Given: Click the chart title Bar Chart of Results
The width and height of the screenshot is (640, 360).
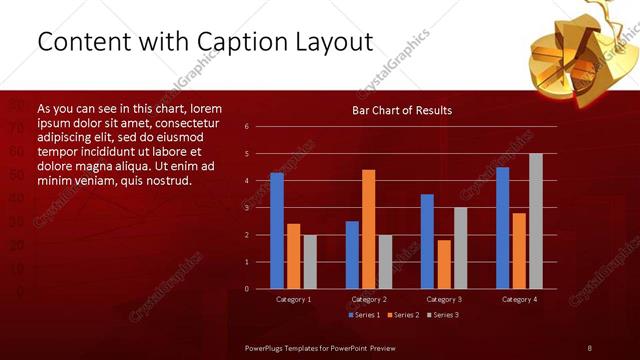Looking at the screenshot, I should pyautogui.click(x=402, y=110).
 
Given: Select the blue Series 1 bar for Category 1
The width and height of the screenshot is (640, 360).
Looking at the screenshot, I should pyautogui.click(x=277, y=231).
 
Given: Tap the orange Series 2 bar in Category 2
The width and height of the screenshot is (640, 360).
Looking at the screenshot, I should pyautogui.click(x=369, y=229).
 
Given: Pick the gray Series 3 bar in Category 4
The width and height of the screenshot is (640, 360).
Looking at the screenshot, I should pyautogui.click(x=536, y=221).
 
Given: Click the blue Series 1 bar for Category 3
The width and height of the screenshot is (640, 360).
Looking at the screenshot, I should pyautogui.click(x=427, y=241).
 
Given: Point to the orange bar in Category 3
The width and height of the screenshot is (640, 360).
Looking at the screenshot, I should pyautogui.click(x=444, y=264).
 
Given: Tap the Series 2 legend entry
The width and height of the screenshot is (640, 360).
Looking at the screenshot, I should pyautogui.click(x=404, y=315).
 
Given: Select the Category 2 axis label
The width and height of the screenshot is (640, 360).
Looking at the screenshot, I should pyautogui.click(x=369, y=299).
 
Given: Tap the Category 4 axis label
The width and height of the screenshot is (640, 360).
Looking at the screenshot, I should pyautogui.click(x=519, y=299).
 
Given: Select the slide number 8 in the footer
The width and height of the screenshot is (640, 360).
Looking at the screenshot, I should pyautogui.click(x=589, y=347).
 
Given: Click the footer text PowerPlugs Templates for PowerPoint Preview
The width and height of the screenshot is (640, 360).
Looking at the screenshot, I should pyautogui.click(x=320, y=347).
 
